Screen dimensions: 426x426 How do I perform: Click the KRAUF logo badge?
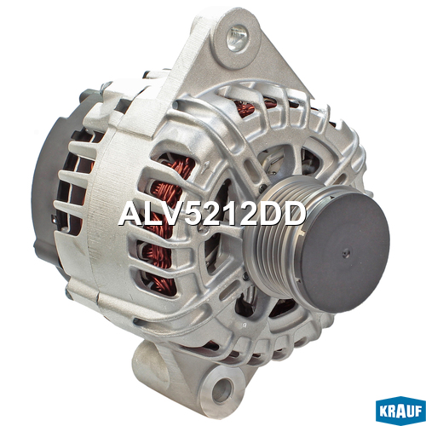click(400, 411)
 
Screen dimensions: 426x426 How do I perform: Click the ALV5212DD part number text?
click(212, 214)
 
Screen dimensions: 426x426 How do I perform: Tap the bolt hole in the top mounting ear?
click(238, 38)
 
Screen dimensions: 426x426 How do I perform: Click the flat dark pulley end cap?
click(344, 251)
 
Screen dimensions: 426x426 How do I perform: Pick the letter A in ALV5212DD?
click(130, 214)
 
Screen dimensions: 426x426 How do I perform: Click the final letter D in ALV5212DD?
click(295, 214)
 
